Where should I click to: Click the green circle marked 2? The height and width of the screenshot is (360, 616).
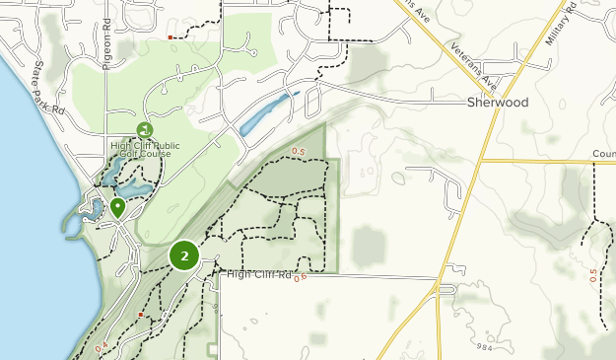click(184, 255)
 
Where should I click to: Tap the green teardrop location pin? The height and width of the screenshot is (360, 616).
click(117, 207)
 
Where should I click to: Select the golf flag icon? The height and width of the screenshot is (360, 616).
click(146, 129)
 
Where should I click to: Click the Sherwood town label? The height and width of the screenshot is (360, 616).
click(498, 103)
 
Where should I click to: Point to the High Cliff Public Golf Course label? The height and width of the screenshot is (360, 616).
click(145, 150)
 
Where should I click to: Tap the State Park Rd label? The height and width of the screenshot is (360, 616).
click(44, 89)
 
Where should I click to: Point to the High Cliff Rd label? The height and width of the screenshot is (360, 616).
click(259, 274)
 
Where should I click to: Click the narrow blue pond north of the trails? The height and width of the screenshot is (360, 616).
click(266, 115)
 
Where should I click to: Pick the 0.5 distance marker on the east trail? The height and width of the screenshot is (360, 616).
click(593, 273)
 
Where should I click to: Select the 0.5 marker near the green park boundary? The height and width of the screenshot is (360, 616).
click(301, 151)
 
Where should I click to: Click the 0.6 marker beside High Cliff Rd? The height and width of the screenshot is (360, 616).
click(301, 277)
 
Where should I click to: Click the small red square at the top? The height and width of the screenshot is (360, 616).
click(171, 37)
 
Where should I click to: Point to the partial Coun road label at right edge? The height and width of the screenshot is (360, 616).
click(603, 154)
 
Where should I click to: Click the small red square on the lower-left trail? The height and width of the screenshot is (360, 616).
click(142, 315)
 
